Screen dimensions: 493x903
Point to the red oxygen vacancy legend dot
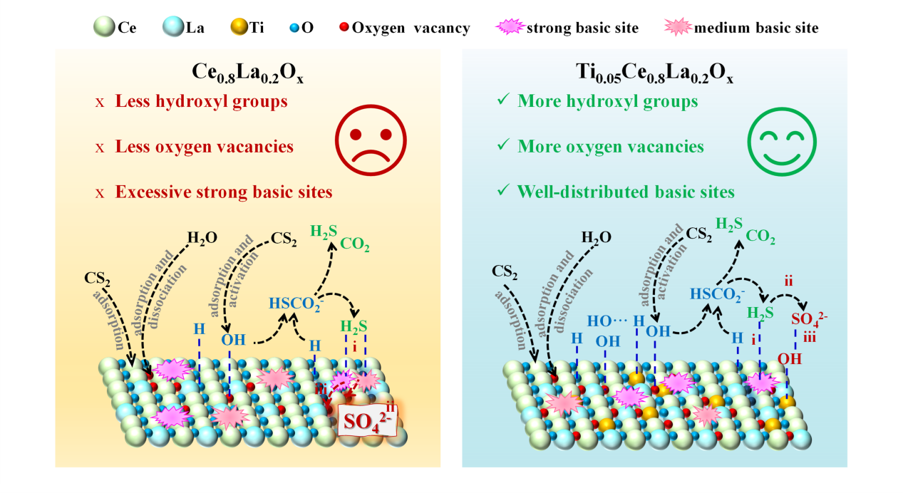[345, 28]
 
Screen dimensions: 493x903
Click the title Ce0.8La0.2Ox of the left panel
[248, 73]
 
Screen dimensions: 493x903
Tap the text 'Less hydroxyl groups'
[202, 102]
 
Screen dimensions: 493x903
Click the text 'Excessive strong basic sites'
[224, 192]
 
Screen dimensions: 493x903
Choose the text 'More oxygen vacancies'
[611, 147]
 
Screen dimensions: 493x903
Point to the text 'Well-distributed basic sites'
[626, 192]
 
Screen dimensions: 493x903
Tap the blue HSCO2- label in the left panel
[294, 302]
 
